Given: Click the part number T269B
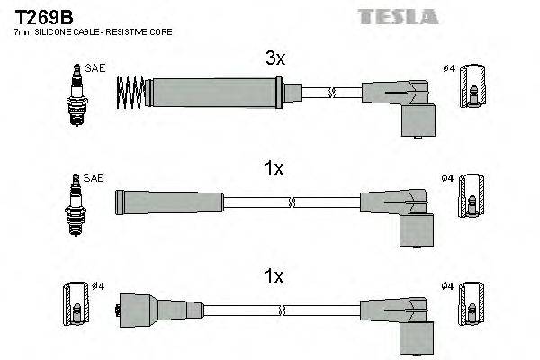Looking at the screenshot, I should pos(36,16).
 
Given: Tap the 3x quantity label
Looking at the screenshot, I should pos(275,58).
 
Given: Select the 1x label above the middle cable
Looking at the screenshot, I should pos(275,168).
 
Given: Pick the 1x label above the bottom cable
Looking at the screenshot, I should pos(275,277).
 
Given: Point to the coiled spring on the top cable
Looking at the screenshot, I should pos(131,92).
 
